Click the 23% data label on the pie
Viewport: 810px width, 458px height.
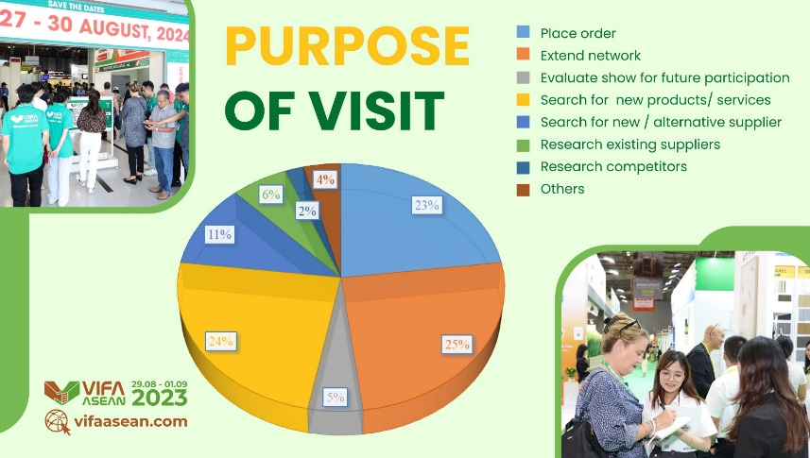tap(426, 205)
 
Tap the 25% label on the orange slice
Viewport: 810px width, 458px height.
tap(457, 344)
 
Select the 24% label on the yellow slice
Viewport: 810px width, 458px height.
tap(221, 341)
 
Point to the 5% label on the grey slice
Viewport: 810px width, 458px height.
tap(336, 397)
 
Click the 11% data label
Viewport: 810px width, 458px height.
tap(219, 234)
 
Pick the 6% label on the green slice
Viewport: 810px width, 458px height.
tap(270, 195)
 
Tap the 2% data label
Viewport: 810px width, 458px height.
tap(307, 211)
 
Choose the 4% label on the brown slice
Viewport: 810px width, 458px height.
tap(325, 179)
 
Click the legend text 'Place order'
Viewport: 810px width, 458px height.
tap(578, 34)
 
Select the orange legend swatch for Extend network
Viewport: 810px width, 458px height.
tap(524, 55)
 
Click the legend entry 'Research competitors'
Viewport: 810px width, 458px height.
tap(613, 167)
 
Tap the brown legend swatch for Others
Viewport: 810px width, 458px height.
tap(524, 190)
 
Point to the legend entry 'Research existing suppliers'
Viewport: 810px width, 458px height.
tap(630, 144)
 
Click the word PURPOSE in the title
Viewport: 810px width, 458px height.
tap(347, 45)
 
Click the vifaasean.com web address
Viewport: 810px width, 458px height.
tap(130, 421)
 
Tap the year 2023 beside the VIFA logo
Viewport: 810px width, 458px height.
tap(159, 397)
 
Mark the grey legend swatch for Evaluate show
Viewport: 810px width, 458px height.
tap(524, 77)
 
